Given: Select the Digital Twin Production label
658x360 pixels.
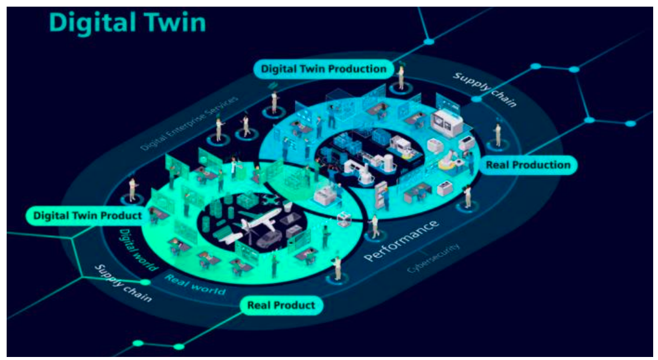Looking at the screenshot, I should (x=324, y=69).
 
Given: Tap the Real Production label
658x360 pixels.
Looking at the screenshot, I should (x=528, y=164).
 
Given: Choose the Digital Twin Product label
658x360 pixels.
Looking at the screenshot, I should (x=88, y=215).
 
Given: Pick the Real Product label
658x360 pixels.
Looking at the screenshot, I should (x=281, y=305).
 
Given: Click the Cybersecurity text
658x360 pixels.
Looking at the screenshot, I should (x=433, y=258).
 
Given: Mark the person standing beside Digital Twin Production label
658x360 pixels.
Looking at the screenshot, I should (x=400, y=77).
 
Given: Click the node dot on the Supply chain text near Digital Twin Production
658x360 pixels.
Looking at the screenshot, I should (x=477, y=98).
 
